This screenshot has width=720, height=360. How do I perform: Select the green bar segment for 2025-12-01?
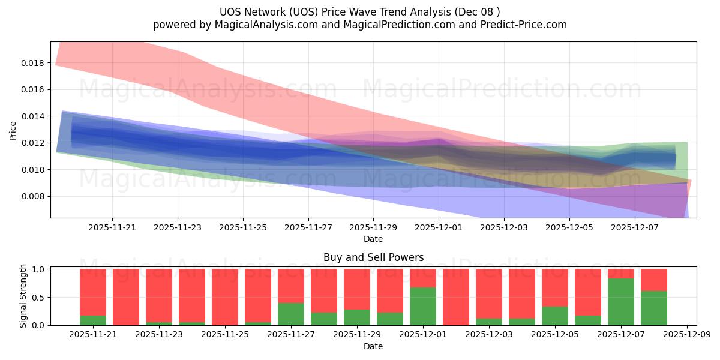point(423,306)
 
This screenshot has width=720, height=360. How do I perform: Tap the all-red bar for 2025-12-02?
point(456,297)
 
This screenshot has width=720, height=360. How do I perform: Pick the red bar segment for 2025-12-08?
point(654,280)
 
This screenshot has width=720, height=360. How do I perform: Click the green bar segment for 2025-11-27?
point(291,314)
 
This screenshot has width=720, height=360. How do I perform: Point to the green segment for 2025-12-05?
point(555,316)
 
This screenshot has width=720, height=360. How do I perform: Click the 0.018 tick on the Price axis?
point(36,63)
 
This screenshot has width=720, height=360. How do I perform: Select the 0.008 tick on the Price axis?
point(36,197)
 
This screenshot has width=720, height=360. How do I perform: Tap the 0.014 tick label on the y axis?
point(36,116)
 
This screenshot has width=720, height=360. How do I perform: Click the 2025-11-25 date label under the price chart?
point(243,228)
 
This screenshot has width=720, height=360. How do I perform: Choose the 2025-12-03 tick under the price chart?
point(504,228)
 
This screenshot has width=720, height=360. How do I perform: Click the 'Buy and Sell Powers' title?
point(373,257)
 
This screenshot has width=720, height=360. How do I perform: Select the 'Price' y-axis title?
point(13,130)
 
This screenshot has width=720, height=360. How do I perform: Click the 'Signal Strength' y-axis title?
point(23,296)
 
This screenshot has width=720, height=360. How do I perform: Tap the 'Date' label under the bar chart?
point(373,346)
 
